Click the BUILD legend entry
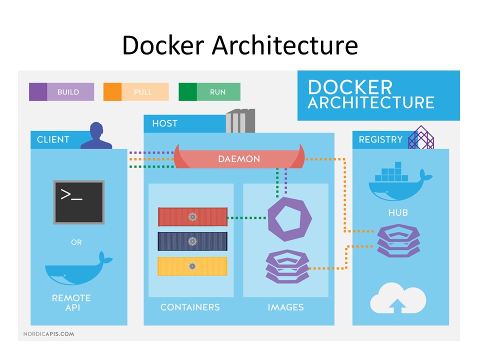(x=61, y=92)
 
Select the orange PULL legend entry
(x=135, y=92)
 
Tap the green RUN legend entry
(x=210, y=92)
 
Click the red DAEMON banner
(x=239, y=158)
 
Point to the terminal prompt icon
(x=79, y=202)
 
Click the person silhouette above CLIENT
(x=96, y=135)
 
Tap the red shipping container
(x=192, y=216)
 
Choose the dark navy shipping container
(x=192, y=241)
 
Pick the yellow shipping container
(x=192, y=266)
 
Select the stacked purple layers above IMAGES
(x=287, y=266)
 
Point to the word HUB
(x=398, y=212)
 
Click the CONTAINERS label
(x=190, y=307)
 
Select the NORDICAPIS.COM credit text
(x=48, y=333)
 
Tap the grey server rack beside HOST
(x=240, y=121)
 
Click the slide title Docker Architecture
(x=240, y=46)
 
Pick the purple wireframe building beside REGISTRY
(x=421, y=137)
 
